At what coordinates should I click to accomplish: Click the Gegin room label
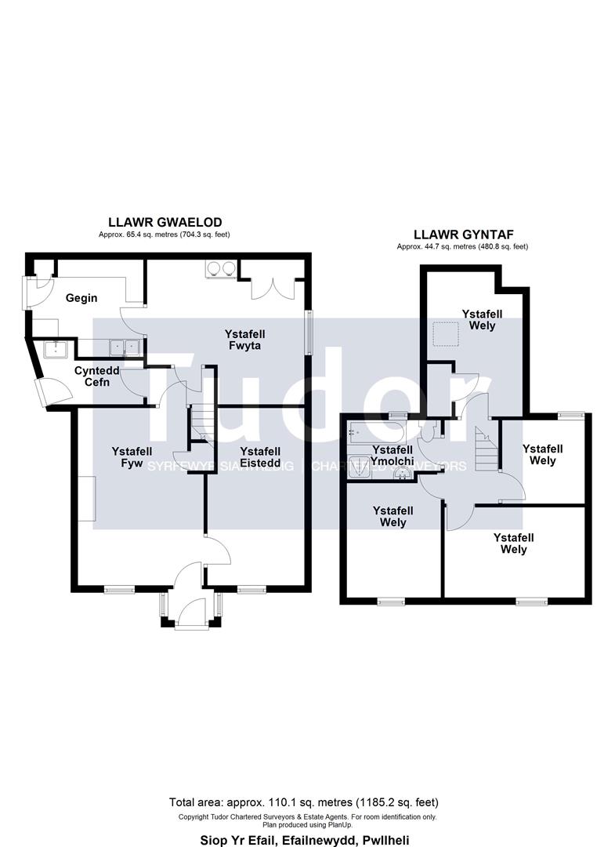(x=81, y=299)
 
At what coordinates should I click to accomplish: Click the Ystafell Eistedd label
(x=260, y=457)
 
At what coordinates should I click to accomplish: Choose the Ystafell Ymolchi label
(x=392, y=456)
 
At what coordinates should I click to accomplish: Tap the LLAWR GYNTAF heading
(x=462, y=234)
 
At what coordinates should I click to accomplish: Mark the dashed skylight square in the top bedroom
(x=446, y=333)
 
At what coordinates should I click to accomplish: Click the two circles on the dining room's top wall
(x=219, y=267)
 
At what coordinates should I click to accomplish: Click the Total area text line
(x=304, y=802)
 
